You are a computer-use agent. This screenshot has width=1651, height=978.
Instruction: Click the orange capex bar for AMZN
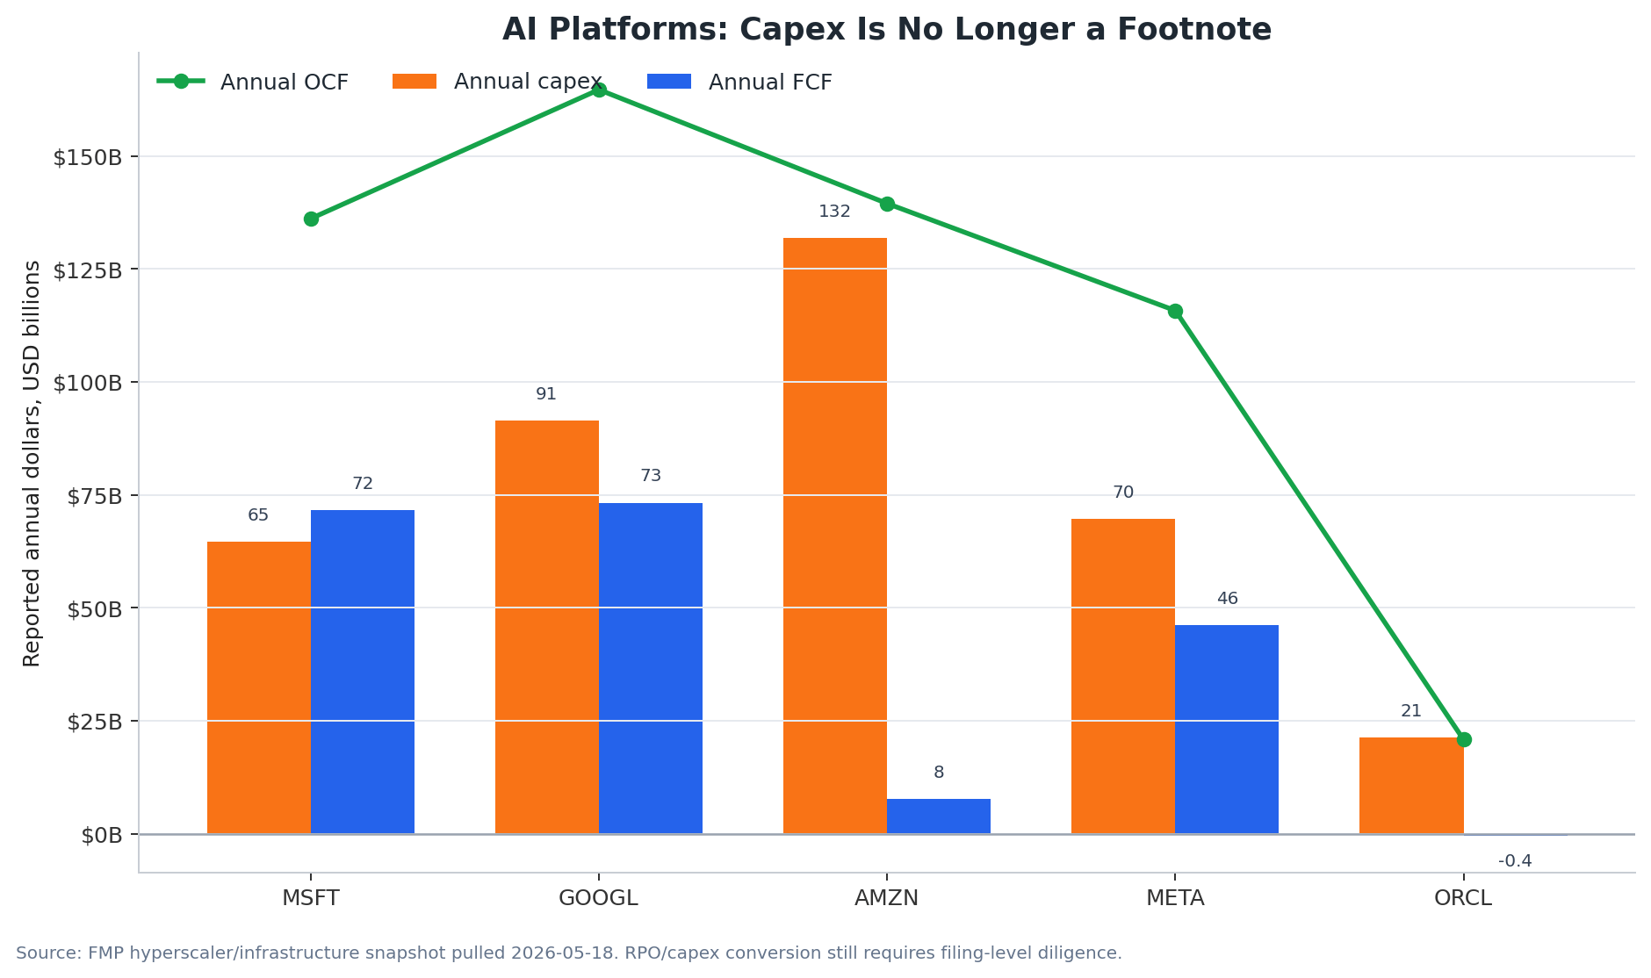[834, 536]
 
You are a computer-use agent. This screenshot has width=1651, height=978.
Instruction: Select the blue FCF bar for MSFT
[363, 672]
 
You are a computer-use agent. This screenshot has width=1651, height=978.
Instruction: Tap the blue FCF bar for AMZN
[939, 816]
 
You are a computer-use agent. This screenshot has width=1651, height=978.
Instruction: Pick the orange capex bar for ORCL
[1411, 786]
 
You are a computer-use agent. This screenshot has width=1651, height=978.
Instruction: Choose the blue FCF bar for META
[1227, 730]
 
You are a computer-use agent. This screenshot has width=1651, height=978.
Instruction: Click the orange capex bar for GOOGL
[546, 627]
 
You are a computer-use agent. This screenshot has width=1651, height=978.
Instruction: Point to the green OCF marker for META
[1175, 311]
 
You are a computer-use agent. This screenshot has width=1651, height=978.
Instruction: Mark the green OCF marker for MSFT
[311, 219]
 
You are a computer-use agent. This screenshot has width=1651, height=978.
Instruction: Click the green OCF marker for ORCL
[1464, 739]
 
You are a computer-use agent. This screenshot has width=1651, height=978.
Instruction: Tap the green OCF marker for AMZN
[887, 204]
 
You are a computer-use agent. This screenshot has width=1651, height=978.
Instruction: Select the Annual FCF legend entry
[739, 82]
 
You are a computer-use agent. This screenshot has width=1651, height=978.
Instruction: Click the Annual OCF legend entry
[253, 82]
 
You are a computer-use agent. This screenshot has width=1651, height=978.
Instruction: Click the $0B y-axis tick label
[102, 835]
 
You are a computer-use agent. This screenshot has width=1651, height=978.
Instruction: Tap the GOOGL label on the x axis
[598, 898]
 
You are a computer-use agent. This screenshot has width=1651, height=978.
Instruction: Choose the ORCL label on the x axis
[1463, 898]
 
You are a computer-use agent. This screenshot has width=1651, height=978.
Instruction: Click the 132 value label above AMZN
[834, 212]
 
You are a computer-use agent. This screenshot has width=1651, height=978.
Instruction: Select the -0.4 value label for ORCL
[1515, 861]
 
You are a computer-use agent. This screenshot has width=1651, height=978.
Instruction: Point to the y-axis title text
[32, 463]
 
